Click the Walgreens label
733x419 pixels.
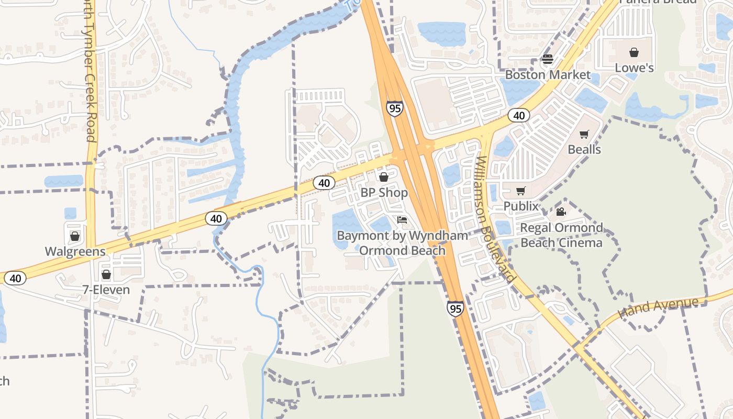point(75,251)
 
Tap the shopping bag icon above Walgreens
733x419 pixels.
point(75,236)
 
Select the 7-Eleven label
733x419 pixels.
point(106,290)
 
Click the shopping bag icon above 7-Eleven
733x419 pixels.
point(106,274)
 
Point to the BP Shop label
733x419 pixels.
point(384,193)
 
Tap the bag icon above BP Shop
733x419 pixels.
point(384,178)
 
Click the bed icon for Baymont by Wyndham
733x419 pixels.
point(402,220)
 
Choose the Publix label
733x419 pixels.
point(521,206)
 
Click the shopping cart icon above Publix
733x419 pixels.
point(520,191)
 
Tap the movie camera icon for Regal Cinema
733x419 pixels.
point(561,212)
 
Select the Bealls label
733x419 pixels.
point(584,150)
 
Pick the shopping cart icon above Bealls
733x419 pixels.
point(584,135)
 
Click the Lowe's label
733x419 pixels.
point(634,68)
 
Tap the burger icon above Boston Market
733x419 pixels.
point(548,59)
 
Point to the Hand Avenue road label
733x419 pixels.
point(658,307)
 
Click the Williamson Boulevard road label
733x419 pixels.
point(495,220)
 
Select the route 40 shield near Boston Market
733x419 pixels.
point(519,115)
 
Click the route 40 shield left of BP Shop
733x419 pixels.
point(324,183)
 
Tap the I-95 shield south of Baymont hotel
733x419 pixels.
point(456,308)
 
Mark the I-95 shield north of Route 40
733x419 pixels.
point(395,108)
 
